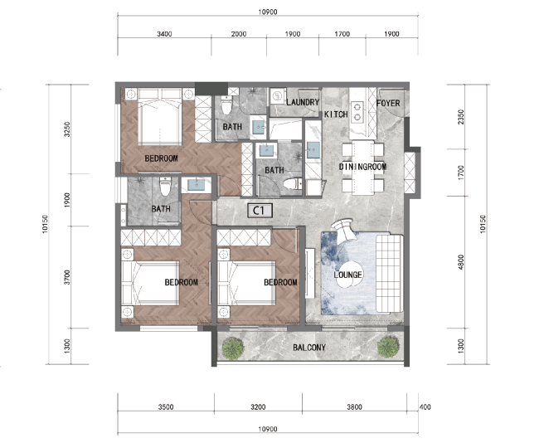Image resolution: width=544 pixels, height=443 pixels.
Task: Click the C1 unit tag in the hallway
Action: [260, 211]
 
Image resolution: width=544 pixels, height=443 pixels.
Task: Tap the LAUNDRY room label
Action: [303, 102]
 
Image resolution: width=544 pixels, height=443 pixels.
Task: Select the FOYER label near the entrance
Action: [388, 103]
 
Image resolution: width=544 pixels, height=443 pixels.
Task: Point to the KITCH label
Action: [336, 114]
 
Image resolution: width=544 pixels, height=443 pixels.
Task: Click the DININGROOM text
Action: [362, 167]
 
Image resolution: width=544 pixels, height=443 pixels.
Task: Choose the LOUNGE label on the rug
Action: [348, 275]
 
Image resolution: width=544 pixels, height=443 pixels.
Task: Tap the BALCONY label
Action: [309, 348]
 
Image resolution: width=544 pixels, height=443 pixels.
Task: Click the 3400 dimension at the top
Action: [164, 34]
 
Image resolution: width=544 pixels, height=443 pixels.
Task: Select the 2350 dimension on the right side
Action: [461, 117]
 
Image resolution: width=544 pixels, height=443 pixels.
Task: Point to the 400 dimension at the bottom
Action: [425, 406]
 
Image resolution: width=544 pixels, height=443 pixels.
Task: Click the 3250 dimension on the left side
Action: [67, 129]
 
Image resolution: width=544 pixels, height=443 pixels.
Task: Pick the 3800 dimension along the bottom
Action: [354, 406]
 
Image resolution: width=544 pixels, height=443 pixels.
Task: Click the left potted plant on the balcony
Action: [232, 348]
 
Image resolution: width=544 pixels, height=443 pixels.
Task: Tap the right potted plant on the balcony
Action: [388, 347]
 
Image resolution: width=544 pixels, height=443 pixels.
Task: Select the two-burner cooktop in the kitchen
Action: [357, 112]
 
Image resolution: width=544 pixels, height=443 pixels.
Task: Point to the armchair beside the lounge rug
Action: [343, 230]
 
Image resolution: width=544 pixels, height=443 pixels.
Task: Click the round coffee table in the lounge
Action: [347, 277]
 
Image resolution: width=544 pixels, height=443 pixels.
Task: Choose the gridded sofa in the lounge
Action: [389, 274]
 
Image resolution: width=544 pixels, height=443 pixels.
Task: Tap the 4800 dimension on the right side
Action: [461, 262]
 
